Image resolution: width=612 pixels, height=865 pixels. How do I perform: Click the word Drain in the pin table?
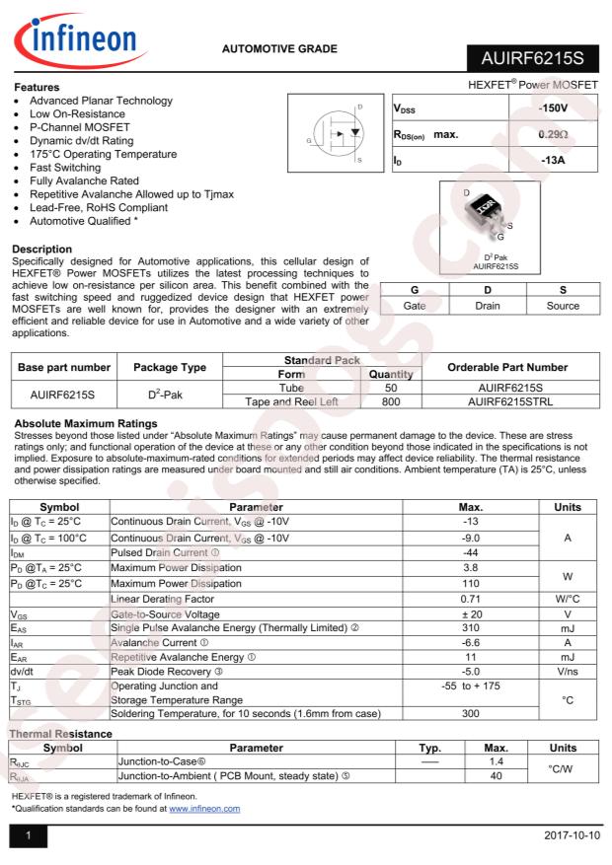487,306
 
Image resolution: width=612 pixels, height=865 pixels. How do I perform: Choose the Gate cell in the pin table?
415,306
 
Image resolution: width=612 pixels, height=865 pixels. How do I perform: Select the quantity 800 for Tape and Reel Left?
390,401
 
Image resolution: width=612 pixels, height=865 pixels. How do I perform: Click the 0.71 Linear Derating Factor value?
471,599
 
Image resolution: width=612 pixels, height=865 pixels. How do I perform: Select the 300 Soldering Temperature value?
471,713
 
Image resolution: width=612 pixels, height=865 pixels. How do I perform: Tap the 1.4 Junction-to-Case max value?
497,762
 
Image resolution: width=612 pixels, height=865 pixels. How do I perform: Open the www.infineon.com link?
204,808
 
